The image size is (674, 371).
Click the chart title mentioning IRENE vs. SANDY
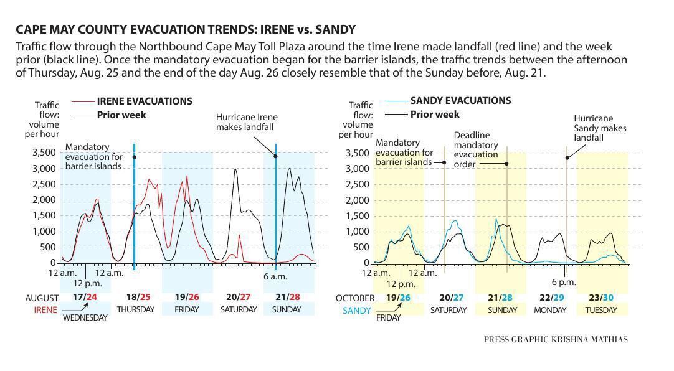point(185,29)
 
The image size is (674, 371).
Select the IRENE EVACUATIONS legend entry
point(144,101)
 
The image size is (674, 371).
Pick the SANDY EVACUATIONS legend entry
point(460,100)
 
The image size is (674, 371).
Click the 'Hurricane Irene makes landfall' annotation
point(247,122)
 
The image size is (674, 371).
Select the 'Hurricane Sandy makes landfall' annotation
point(599,128)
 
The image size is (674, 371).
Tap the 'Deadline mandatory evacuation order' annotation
point(475,149)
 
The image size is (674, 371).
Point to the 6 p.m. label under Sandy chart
point(564,282)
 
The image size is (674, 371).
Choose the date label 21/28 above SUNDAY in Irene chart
point(287,297)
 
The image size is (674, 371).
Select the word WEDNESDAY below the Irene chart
point(85,317)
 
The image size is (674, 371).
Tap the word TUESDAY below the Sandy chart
point(602,309)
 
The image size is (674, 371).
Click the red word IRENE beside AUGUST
point(45,309)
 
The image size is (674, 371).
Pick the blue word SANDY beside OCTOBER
point(357,310)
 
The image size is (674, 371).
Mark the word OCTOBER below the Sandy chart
point(355,298)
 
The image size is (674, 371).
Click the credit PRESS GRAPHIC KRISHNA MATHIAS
point(555,339)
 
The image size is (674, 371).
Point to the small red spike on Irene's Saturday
point(240,236)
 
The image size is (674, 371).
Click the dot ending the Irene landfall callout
point(275,156)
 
